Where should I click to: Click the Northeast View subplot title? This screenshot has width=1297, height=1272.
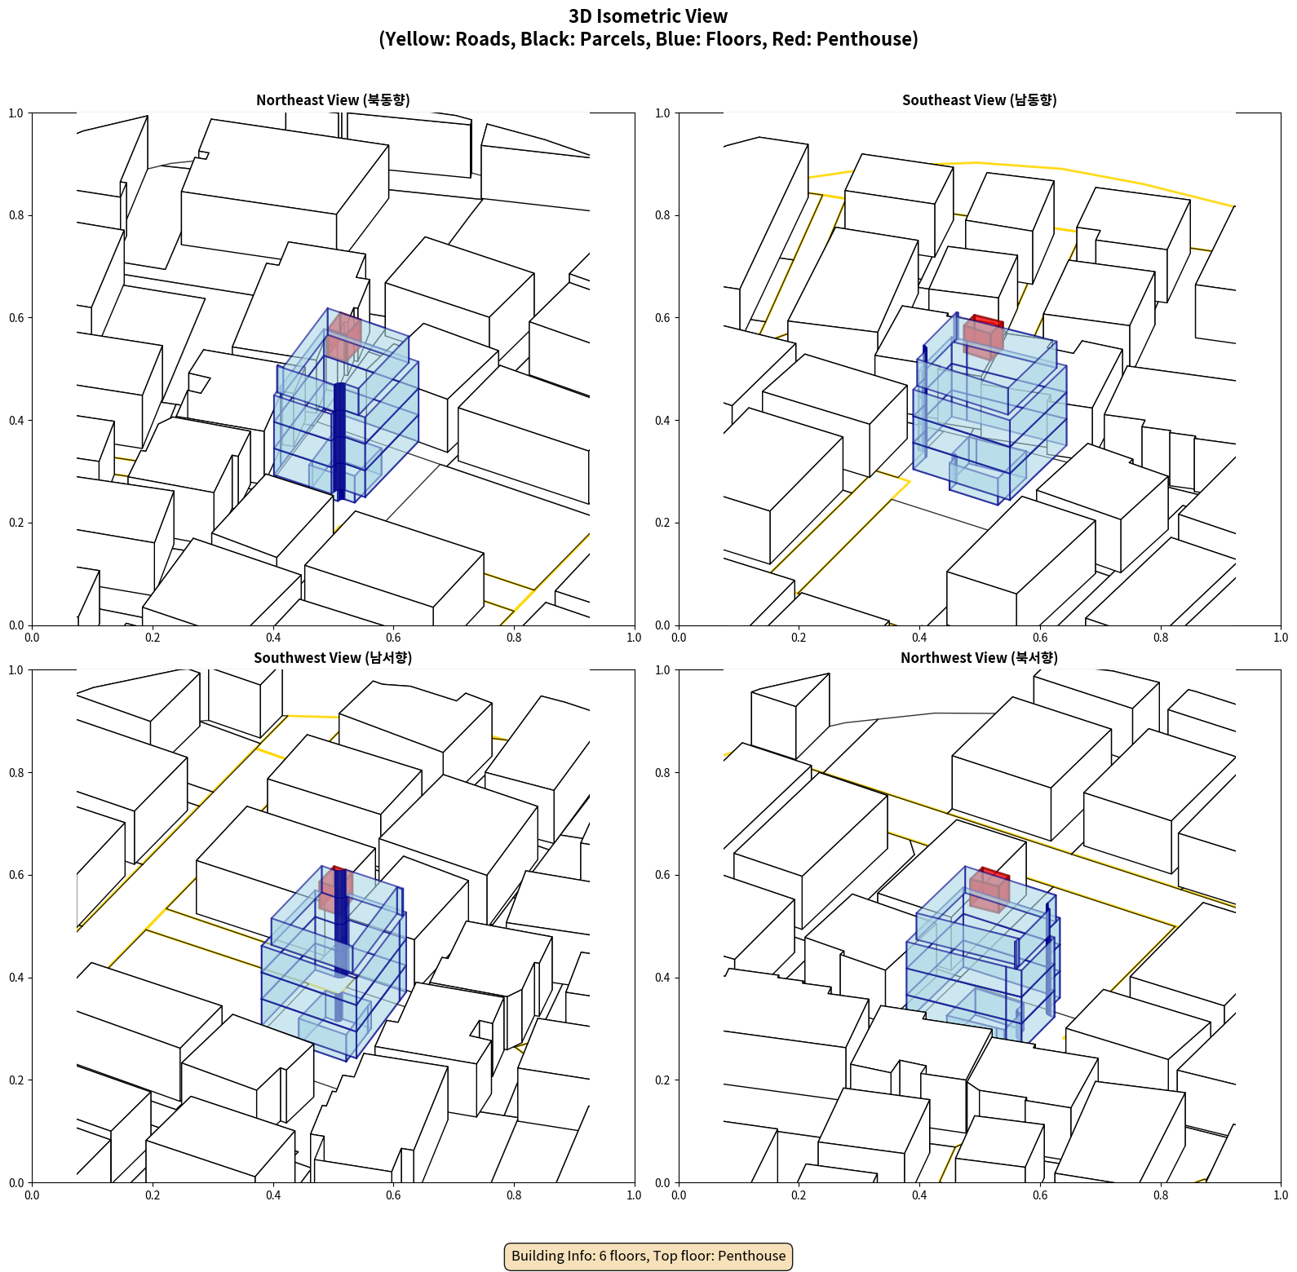(333, 99)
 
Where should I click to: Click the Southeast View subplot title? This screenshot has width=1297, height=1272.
(979, 99)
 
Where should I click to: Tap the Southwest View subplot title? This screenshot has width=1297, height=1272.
(333, 657)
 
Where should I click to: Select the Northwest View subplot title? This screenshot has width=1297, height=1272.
(979, 657)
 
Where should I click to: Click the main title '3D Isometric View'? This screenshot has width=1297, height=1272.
(648, 16)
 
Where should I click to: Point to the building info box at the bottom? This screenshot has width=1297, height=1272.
(648, 1256)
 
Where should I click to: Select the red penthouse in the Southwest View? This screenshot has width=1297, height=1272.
(335, 890)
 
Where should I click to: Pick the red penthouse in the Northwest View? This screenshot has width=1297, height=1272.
(989, 890)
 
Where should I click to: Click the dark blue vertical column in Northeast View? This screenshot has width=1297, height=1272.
(339, 441)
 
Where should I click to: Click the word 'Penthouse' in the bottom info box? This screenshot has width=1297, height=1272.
(752, 1256)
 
